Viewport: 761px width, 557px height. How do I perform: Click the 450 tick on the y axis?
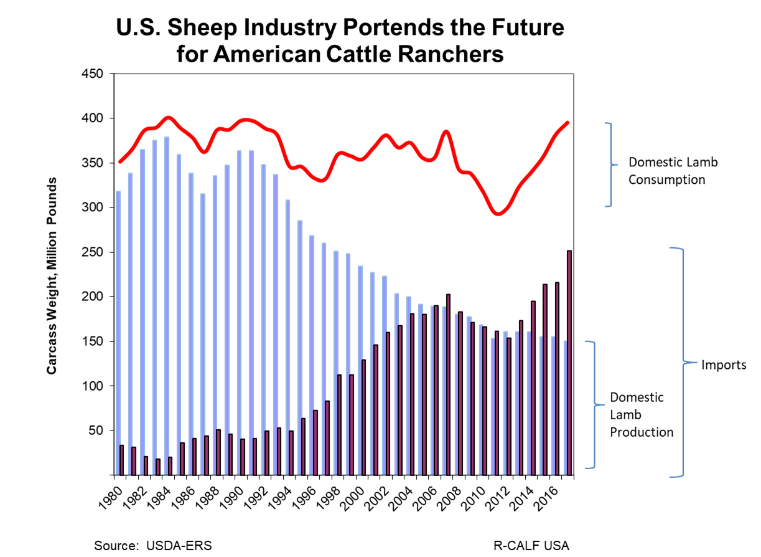click(93, 74)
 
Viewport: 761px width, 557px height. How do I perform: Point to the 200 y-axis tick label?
click(93, 297)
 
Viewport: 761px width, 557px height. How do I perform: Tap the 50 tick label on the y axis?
click(96, 431)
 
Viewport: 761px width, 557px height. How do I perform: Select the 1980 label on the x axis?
click(111, 499)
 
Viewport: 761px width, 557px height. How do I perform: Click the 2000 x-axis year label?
click(353, 499)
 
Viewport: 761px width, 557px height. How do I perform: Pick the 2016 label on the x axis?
click(546, 499)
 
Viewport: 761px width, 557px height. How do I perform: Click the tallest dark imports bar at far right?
click(569, 363)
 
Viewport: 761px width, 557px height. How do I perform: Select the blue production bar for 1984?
click(167, 306)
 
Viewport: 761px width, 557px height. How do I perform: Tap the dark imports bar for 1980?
click(121, 460)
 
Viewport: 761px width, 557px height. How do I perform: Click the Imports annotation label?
click(724, 365)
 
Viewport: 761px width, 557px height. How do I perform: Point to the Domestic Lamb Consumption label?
click(673, 171)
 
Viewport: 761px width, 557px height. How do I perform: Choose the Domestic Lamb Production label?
click(642, 414)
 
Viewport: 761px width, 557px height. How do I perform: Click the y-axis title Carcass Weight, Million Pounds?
click(51, 276)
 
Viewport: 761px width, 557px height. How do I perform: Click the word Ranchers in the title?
click(451, 54)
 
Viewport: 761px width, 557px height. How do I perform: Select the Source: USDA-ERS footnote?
click(153, 546)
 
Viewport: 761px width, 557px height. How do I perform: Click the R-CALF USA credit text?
click(531, 546)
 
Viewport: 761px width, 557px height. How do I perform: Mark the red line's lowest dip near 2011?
click(498, 214)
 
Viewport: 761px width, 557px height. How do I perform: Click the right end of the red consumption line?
click(567, 123)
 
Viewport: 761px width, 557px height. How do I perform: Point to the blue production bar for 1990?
click(239, 313)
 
